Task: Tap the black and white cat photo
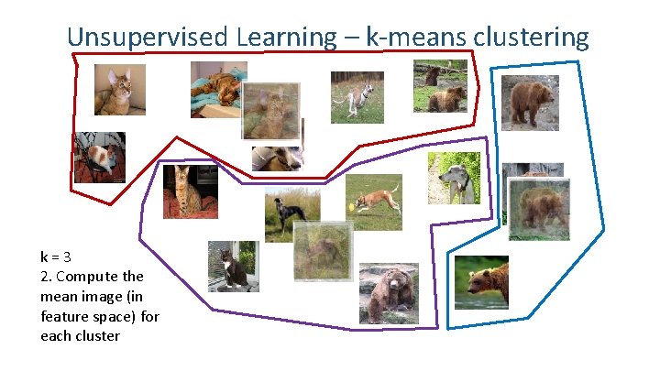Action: click(x=232, y=267)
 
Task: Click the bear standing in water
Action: click(x=481, y=281)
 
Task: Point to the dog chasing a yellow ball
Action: click(x=374, y=201)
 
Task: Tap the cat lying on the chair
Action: click(x=99, y=158)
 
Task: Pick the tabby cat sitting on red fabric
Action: click(x=189, y=191)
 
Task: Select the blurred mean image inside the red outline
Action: click(x=271, y=113)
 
